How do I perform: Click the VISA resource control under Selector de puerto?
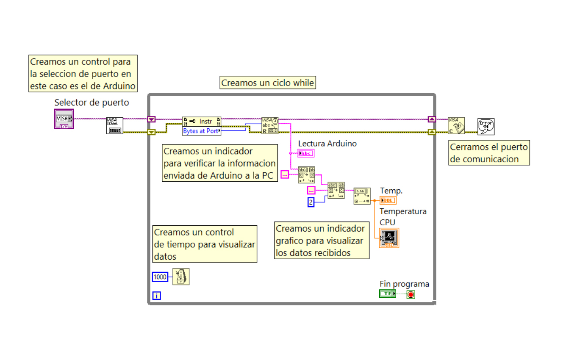pyautogui.click(x=64, y=119)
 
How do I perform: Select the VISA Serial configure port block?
pyautogui.click(x=114, y=126)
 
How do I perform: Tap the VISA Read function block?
pyautogui.click(x=270, y=126)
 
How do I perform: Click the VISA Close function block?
pyautogui.click(x=456, y=126)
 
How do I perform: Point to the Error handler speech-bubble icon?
pyautogui.click(x=486, y=126)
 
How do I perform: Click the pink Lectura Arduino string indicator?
pyautogui.click(x=306, y=153)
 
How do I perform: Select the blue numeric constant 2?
pyautogui.click(x=311, y=202)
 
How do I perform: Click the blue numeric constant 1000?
pyautogui.click(x=160, y=277)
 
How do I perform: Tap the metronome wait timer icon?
pyautogui.click(x=181, y=277)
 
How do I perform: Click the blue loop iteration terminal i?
pyautogui.click(x=156, y=296)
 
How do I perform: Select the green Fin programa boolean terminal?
pyautogui.click(x=387, y=294)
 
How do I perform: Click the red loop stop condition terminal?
pyautogui.click(x=411, y=294)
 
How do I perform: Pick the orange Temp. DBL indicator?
pyautogui.click(x=388, y=200)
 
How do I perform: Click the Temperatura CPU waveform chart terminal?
pyautogui.click(x=389, y=238)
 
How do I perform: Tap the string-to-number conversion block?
pyautogui.click(x=362, y=196)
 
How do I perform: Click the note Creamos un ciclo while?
pyautogui.click(x=268, y=83)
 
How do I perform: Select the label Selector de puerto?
pyautogui.click(x=92, y=102)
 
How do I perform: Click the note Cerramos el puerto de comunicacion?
pyautogui.click(x=489, y=153)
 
